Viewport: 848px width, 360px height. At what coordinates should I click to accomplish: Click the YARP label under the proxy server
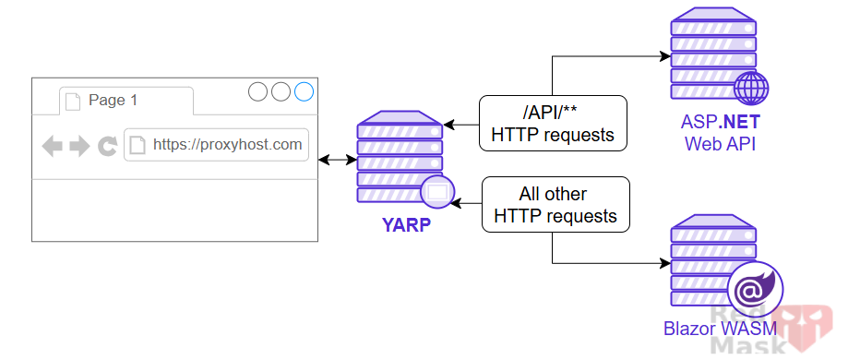406,223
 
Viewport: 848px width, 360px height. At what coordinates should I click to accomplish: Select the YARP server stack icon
399,157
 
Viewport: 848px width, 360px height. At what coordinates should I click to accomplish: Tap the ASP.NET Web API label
721,133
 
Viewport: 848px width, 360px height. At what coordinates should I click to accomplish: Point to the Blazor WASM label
720,328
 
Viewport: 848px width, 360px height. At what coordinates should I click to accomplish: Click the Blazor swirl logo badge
755,291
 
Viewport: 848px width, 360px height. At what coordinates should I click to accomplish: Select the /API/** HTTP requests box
553,124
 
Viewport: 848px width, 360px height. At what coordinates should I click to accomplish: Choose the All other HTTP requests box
555,205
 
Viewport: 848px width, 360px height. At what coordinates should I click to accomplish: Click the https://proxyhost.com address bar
216,145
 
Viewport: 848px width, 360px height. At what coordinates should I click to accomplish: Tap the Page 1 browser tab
125,101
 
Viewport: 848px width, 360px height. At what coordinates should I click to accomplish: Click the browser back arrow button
53,146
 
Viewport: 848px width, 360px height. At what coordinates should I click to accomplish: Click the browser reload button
107,146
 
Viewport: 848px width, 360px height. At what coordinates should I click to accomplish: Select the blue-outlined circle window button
304,92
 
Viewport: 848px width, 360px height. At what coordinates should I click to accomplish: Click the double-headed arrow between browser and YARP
337,161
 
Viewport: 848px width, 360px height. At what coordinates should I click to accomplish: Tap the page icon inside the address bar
137,145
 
